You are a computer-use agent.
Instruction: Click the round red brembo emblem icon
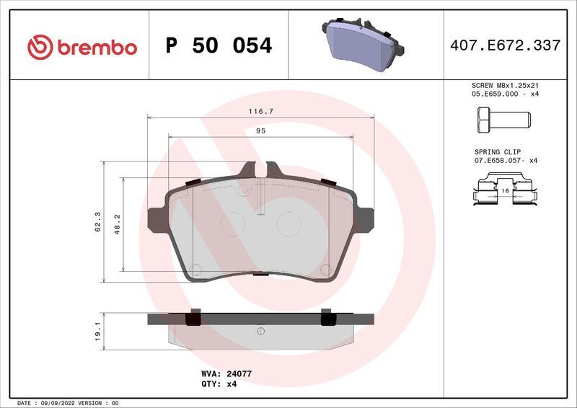pyautogui.click(x=40, y=47)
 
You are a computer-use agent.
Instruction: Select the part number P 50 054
pyautogui.click(x=219, y=46)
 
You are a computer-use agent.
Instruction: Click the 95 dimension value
pyautogui.click(x=260, y=131)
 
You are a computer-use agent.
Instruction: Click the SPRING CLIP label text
pyautogui.click(x=497, y=152)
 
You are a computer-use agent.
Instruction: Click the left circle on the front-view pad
pyautogui.click(x=232, y=223)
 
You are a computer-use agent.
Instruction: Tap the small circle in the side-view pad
pyautogui.click(x=260, y=331)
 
